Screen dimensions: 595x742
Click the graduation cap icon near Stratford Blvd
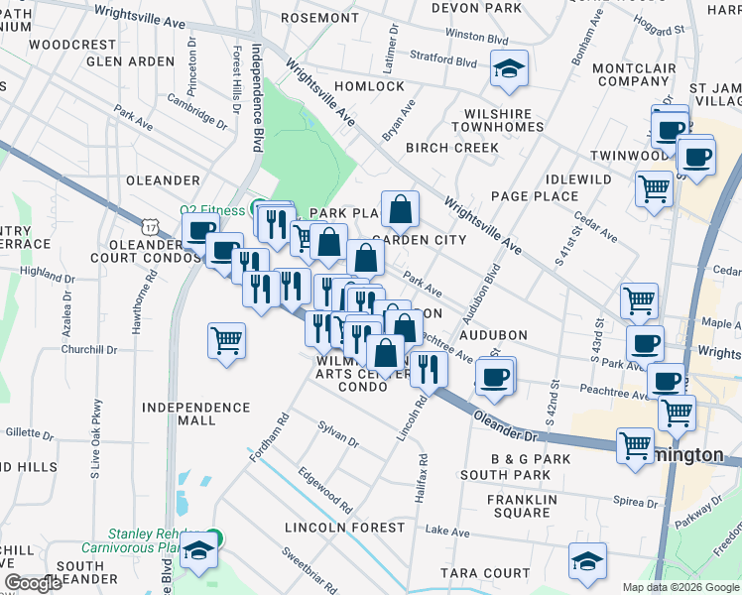tap(509, 69)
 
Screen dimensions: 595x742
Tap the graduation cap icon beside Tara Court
tap(587, 561)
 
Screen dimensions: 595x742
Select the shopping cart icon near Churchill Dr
tap(227, 341)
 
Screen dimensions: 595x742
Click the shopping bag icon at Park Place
tap(399, 209)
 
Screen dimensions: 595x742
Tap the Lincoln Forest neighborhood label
tap(344, 528)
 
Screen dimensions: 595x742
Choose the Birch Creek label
tap(451, 148)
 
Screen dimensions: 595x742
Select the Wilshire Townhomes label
tap(497, 120)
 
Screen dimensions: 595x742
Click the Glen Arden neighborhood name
tap(130, 61)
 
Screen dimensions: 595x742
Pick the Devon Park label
tap(477, 8)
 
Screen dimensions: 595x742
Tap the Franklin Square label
tap(519, 506)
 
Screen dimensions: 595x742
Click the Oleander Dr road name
tap(505, 425)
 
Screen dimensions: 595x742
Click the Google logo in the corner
tap(34, 583)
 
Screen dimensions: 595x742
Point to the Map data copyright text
tap(680, 587)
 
